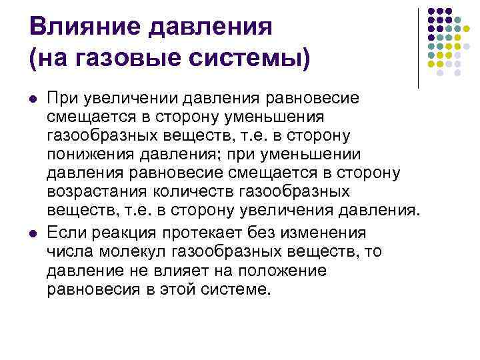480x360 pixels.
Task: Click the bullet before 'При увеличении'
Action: (33, 99)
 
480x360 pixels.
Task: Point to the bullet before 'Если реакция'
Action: (33, 233)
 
